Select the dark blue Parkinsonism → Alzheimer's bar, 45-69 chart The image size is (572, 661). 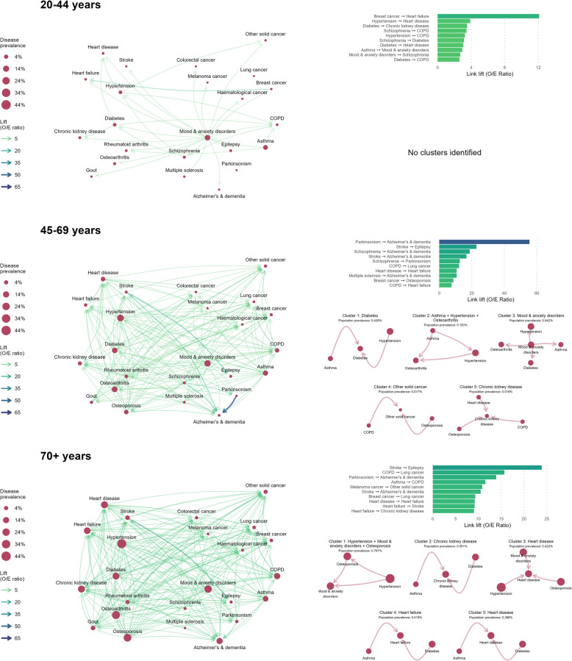484,240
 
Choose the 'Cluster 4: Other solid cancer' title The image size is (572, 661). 402,365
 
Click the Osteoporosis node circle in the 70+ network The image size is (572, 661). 127,616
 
